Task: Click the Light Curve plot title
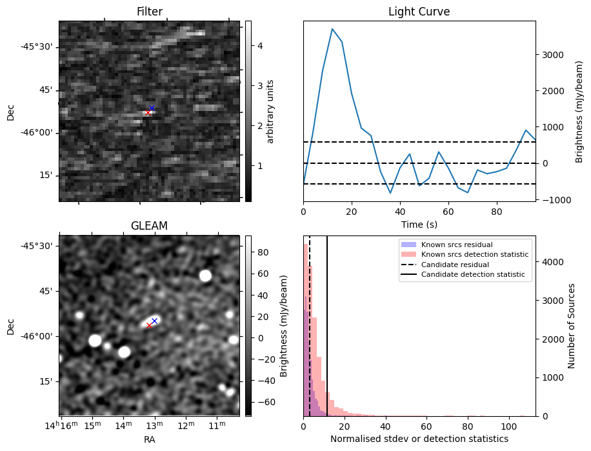(x=419, y=12)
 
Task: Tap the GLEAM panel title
(x=149, y=225)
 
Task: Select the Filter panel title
(x=149, y=12)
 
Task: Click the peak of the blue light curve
(x=332, y=29)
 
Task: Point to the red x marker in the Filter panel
(x=148, y=113)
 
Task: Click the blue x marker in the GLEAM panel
(x=154, y=321)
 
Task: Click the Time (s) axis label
(x=419, y=223)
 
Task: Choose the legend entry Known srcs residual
(x=457, y=245)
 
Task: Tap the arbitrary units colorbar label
(x=271, y=111)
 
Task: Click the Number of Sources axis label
(x=572, y=326)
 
